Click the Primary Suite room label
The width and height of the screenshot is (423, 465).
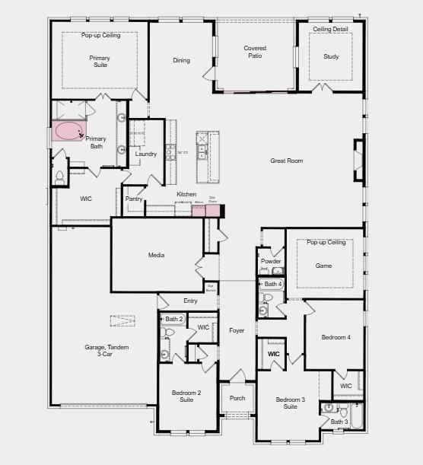coord(100,62)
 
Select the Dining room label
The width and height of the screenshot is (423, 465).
coord(181,61)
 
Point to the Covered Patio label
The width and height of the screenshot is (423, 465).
coord(255,52)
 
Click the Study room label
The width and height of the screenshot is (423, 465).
coord(330,56)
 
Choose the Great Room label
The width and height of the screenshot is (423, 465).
coord(287,161)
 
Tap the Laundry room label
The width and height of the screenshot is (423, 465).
coord(146,154)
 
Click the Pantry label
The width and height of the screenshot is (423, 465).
coord(134,199)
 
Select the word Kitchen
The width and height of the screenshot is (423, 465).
coord(186,195)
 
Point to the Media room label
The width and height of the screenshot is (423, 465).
coord(156,255)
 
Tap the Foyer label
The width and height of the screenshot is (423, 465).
coord(237,330)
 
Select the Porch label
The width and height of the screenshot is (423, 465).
coord(237,397)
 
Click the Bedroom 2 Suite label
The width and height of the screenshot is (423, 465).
coord(186,396)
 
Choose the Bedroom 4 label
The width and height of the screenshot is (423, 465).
coord(336,337)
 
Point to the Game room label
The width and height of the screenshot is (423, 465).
coord(324,266)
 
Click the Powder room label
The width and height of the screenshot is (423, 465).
coord(271,261)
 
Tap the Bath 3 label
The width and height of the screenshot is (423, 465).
coord(339,422)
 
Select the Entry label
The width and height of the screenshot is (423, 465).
coord(190,301)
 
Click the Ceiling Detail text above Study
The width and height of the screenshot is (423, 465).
coord(331,30)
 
